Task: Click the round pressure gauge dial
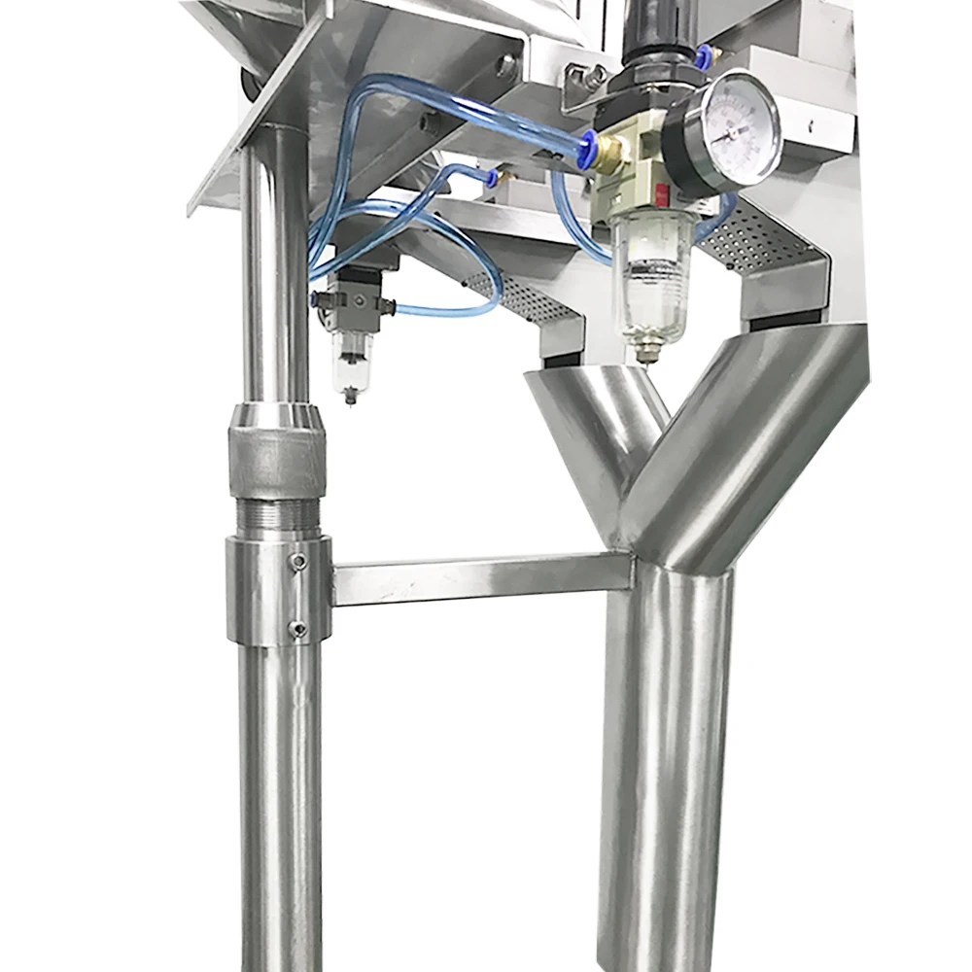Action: tap(740, 133)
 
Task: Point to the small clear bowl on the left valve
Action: tap(351, 360)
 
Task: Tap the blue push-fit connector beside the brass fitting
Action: tap(587, 149)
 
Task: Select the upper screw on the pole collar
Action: tap(299, 562)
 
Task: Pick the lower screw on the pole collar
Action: tap(298, 629)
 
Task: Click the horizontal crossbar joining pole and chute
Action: tap(481, 579)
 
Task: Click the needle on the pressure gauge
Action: tap(731, 131)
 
